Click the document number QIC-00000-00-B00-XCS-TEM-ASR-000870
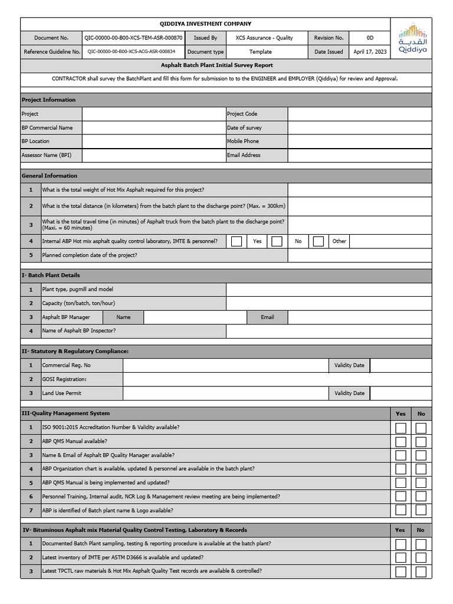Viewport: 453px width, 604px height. pos(133,38)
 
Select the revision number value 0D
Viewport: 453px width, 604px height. pos(370,38)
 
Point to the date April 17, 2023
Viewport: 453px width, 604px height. pos(370,52)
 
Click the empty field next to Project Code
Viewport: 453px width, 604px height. pos(339,114)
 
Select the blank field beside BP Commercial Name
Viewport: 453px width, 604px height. pos(153,127)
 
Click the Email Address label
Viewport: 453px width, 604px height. pos(244,155)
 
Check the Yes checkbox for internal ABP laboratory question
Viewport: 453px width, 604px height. pos(237,241)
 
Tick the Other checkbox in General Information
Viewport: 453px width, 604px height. pos(319,241)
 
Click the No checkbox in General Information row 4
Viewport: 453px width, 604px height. pos(277,241)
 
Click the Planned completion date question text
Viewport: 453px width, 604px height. pos(90,255)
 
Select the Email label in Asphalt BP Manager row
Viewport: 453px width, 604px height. pos(267,317)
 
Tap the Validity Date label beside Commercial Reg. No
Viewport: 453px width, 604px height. pos(349,366)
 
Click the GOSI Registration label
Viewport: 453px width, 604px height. pos(64,379)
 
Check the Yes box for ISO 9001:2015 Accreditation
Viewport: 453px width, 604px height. pos(401,428)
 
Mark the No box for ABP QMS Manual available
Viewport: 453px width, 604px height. pos(421,442)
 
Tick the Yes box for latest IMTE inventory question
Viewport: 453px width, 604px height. pos(401,557)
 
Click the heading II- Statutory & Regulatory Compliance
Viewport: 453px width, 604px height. pos(75,352)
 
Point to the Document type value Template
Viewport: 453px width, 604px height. pos(260,52)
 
